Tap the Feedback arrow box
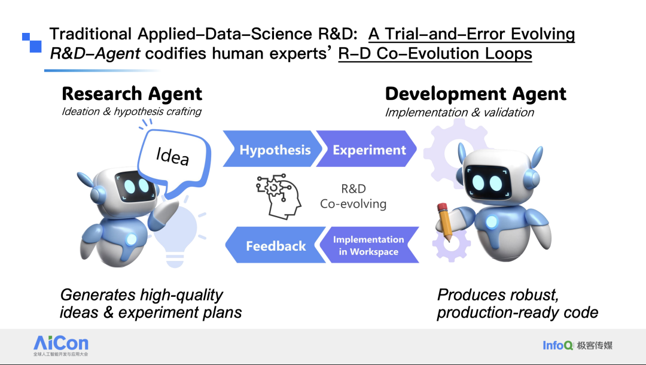[x=275, y=245]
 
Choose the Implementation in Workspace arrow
[x=368, y=245]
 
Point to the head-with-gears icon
[x=278, y=196]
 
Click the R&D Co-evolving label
[x=353, y=196]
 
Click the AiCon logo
[x=61, y=345]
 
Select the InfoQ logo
[x=577, y=345]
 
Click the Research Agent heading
[x=132, y=93]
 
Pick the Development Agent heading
[x=476, y=93]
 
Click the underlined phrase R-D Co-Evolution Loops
[x=435, y=54]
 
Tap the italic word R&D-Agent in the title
[x=95, y=54]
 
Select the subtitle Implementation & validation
[x=459, y=112]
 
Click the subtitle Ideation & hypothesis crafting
[x=132, y=111]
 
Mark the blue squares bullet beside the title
[x=32, y=43]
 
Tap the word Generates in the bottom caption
[x=97, y=295]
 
